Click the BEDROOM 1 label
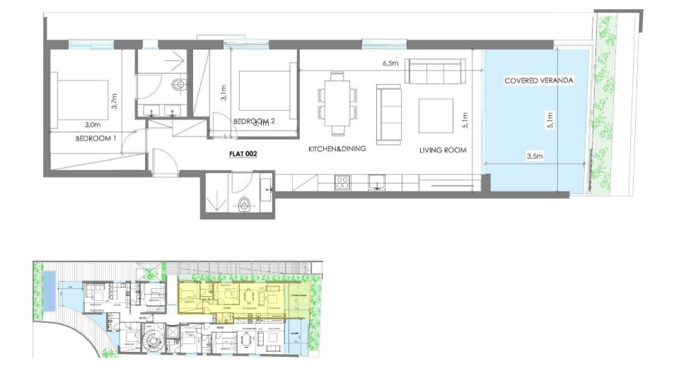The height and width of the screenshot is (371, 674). [x=95, y=139]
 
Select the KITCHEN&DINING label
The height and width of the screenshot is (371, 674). [x=337, y=150]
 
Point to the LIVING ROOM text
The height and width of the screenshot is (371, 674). [x=441, y=150]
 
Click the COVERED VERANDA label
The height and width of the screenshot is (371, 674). [x=538, y=81]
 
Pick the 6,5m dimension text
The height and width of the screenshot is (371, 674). [x=390, y=64]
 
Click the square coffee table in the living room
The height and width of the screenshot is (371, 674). [x=436, y=115]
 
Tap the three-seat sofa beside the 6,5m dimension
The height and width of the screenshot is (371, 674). [x=435, y=71]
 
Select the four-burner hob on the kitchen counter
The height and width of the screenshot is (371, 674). [x=342, y=182]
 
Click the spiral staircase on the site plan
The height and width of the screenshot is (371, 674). [x=151, y=344]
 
